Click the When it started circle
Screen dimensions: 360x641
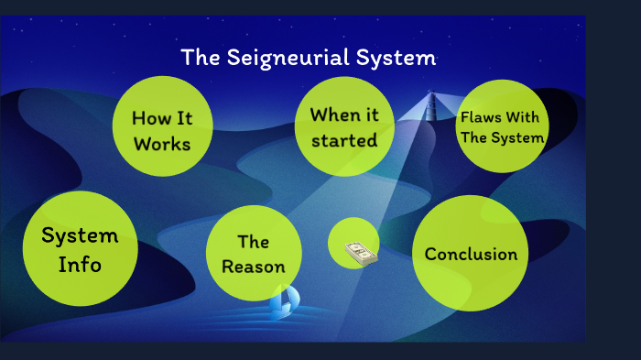344,125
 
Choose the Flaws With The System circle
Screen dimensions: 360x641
502,125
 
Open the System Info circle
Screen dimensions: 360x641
81,248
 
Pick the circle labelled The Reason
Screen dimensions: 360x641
254,253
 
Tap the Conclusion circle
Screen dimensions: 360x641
471,254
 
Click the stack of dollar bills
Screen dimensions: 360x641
360,252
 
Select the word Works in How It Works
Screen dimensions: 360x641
161,143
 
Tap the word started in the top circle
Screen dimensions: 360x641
344,140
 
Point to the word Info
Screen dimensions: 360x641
81,265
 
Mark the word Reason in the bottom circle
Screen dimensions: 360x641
254,267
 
